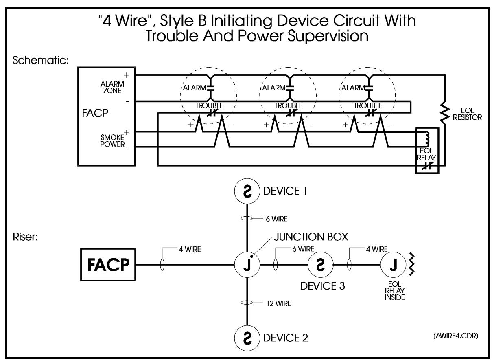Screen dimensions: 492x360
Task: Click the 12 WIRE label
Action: click(278, 303)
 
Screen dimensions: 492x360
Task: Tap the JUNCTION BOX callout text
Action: click(311, 237)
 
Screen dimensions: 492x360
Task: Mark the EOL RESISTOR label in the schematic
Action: click(467, 114)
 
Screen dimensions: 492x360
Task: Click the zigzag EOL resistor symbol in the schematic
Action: click(445, 113)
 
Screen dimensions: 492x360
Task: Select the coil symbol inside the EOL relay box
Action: click(426, 139)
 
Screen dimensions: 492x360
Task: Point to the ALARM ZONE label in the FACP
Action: click(112, 87)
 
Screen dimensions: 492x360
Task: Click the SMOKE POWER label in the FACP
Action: click(112, 140)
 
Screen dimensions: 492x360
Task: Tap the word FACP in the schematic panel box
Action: click(95, 113)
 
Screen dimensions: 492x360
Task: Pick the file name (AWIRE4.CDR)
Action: click(455, 336)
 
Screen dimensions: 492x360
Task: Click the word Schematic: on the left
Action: click(40, 60)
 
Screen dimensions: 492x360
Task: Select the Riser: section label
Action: click(25, 237)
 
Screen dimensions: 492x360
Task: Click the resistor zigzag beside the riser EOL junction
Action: click(411, 265)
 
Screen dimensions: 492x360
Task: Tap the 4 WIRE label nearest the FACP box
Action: click(190, 249)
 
